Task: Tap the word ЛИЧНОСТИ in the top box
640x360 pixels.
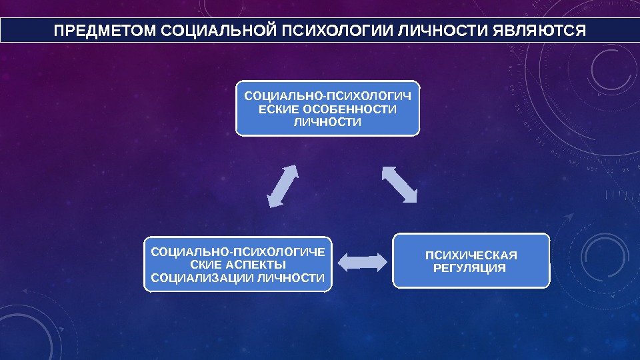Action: (x=328, y=123)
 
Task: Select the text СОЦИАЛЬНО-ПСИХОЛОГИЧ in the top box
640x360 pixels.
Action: (x=328, y=96)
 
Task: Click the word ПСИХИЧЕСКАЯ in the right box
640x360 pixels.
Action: (x=471, y=255)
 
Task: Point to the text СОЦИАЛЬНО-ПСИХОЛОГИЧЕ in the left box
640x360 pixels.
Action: (x=238, y=251)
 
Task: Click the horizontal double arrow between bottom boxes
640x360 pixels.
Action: (x=362, y=262)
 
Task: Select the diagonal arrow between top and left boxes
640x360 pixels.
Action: (x=282, y=185)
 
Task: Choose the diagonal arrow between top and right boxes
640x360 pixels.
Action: (x=399, y=184)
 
